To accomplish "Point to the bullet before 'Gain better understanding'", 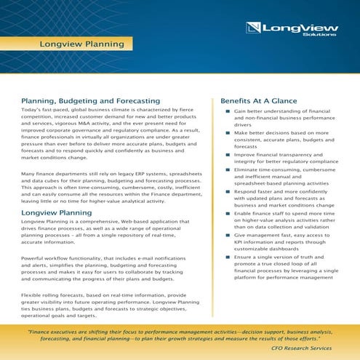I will tap(228, 111).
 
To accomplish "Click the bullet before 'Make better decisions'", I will tap(228, 133).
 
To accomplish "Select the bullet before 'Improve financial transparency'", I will tap(228, 155).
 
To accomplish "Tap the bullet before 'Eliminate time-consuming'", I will tap(228, 169).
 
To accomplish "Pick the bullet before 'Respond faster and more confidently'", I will tap(228, 191).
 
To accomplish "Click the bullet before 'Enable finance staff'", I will tap(228, 213).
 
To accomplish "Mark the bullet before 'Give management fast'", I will tap(228, 235).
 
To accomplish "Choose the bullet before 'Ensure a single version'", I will tap(228, 257).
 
